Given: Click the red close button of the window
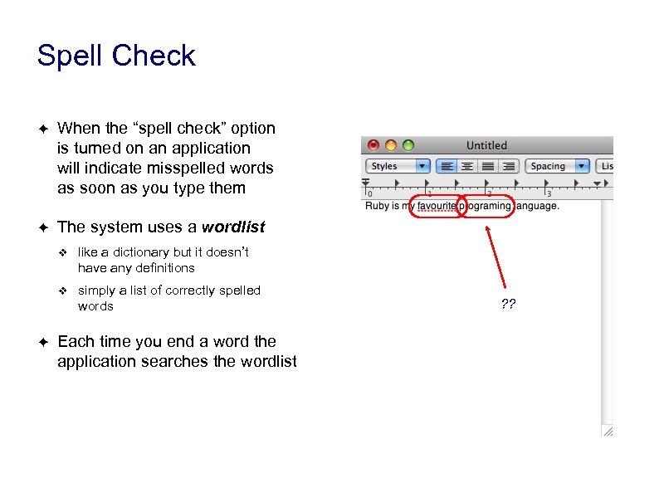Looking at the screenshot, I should pos(373,145).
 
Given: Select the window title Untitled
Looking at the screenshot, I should pos(486,145).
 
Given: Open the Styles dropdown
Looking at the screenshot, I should pos(398,166).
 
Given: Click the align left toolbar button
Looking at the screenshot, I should pos(447,166).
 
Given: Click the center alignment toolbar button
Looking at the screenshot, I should pos(467,166).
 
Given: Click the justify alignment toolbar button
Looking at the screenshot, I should pos(488,166).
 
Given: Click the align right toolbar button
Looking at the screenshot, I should pos(509,166).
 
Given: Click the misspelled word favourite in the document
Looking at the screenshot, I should pos(437,206).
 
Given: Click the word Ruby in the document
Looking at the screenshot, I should pos(377,206).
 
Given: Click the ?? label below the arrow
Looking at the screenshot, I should pos(508,305).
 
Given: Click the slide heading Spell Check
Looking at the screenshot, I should pos(116,56).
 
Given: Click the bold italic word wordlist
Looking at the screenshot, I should pos(233,227).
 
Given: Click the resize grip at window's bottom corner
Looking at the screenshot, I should pos(608,430).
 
